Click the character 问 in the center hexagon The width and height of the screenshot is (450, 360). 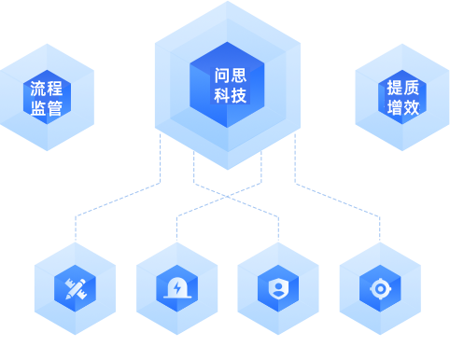point(222,76)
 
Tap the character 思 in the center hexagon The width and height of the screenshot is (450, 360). point(239,76)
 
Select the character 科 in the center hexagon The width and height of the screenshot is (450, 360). point(222,95)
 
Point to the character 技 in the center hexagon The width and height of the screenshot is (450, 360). point(239,95)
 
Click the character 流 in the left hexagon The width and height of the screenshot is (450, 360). point(38,89)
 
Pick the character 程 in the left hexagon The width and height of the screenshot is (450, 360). point(55,89)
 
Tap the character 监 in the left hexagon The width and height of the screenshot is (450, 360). point(38,108)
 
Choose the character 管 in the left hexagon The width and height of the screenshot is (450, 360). point(55,108)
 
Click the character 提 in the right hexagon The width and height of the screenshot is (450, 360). point(395,88)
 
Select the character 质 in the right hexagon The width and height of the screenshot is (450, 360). point(412,88)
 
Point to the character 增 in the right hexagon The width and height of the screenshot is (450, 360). point(395,107)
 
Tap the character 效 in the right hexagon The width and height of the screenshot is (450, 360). point(412,107)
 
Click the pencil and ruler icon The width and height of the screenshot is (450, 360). point(76,289)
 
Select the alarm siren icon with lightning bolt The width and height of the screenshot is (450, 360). point(177,288)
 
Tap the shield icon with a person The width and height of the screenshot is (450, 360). point(278,288)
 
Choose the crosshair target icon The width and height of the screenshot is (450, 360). point(380,289)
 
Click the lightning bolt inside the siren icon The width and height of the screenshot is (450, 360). point(177,288)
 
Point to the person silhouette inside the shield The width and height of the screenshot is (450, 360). point(278,289)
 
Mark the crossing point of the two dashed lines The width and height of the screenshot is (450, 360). point(228,197)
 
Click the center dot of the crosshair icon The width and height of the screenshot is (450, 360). point(380,289)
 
